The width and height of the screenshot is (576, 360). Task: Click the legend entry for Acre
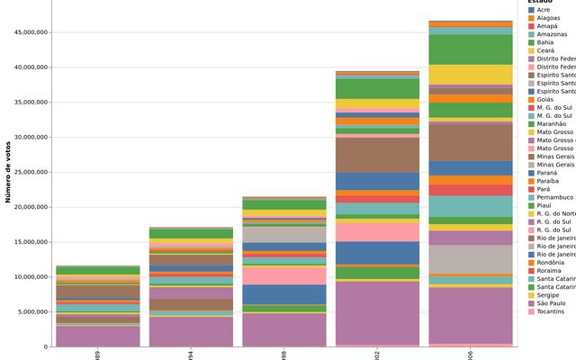[543, 10]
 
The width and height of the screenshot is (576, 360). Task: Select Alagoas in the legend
[547, 18]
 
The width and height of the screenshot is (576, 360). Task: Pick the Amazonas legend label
[551, 34]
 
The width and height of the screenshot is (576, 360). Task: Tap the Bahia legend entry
[544, 42]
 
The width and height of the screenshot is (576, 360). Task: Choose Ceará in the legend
[545, 50]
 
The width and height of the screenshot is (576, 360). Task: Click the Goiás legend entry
[544, 99]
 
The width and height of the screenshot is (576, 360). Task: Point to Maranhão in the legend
[551, 123]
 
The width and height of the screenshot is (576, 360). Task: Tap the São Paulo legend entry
[549, 302]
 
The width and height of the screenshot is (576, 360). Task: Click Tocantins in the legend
[550, 310]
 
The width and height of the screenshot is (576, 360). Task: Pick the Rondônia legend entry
[550, 262]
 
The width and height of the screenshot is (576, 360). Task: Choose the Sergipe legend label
[547, 294]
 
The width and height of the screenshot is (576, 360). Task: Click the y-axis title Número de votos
[8, 171]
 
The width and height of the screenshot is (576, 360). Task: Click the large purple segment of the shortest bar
[85, 336]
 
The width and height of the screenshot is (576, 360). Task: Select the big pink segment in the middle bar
[283, 274]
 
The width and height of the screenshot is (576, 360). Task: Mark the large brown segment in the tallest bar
[469, 141]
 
